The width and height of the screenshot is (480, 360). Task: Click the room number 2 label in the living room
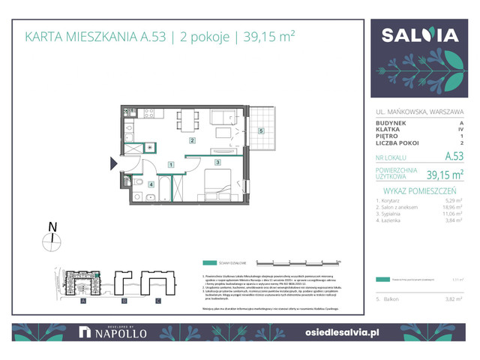coord(192,140)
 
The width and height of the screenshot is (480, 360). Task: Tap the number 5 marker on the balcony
coord(261,131)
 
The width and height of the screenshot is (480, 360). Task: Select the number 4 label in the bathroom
coord(150,184)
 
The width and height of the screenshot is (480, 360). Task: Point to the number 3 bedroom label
coord(217,162)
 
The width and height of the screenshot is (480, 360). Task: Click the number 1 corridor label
coord(171,164)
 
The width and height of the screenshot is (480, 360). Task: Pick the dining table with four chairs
coord(186,119)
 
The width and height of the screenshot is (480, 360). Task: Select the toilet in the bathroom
coord(138,181)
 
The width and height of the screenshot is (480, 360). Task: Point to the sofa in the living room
coord(222,118)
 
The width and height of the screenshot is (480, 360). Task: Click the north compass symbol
coord(51,240)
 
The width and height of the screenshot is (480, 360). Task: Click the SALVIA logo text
coord(421,34)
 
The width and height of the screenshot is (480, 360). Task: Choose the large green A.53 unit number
coord(453,157)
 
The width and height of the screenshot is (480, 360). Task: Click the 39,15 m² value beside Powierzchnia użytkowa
coord(444,175)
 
